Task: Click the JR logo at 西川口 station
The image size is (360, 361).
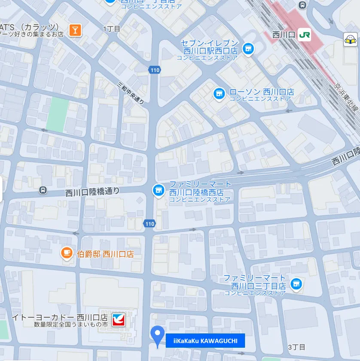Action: point(304,34)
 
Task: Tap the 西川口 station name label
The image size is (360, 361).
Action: point(284,35)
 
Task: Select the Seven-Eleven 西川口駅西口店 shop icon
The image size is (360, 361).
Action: point(248,49)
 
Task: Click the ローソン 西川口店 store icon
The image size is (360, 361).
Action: point(219,93)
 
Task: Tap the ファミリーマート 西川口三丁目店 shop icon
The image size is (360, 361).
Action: point(296,284)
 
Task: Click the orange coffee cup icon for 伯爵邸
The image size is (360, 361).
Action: point(66,254)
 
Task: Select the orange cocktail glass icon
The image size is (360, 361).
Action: point(75,30)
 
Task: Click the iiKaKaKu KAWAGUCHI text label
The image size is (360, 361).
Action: point(205,341)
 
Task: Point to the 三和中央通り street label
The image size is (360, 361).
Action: point(131,92)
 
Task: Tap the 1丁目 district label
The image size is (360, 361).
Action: point(112,29)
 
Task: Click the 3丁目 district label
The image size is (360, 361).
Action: point(296,347)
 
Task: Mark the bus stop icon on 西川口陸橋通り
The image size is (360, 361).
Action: point(43,190)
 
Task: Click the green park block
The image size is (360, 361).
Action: point(58,114)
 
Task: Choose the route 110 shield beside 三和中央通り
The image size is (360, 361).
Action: point(154,70)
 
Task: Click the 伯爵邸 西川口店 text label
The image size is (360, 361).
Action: point(105,254)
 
